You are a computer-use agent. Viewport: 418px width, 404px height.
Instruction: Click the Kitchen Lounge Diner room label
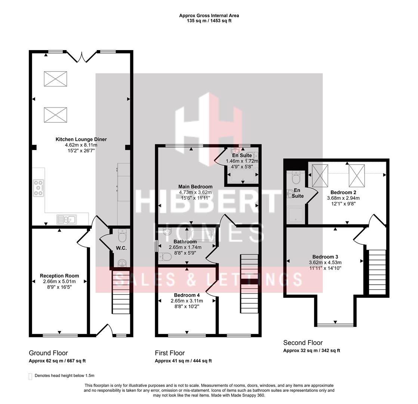pos(81,139)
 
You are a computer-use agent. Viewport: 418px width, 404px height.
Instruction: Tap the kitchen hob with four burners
pos(38,187)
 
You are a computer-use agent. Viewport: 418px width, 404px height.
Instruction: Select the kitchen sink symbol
pos(66,219)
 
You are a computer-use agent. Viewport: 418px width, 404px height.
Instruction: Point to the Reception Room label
pos(59,276)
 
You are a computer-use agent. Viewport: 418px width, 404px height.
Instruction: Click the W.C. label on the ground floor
pos(121,248)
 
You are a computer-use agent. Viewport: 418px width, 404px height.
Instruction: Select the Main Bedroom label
pos(195,187)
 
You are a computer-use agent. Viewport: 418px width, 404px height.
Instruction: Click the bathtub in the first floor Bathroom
pos(202,235)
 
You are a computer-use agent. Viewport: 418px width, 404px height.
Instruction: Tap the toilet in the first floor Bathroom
pos(165,257)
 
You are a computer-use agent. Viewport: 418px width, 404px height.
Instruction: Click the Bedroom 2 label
pos(343,192)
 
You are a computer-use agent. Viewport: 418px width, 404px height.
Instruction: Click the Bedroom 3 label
pos(325,257)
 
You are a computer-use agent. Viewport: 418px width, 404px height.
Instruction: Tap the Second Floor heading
pos(303,343)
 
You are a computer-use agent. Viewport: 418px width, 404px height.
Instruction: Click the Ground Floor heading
pos(48,353)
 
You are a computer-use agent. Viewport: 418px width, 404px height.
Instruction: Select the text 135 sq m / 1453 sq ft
pos(209,21)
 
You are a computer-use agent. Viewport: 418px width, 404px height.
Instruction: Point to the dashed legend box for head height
pos(30,376)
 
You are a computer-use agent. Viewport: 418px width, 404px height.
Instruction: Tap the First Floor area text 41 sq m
pos(183,361)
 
